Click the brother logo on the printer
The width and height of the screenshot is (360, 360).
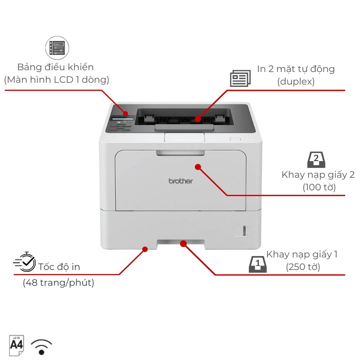[x=181, y=181]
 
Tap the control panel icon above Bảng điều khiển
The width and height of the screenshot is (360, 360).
[x=57, y=48]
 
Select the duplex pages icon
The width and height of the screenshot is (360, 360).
[x=240, y=78]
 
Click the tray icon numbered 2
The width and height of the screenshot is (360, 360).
[x=316, y=160]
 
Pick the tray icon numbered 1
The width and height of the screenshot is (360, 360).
[x=257, y=264]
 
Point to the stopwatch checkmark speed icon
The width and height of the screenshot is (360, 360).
[x=25, y=262]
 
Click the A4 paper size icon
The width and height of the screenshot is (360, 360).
[x=17, y=346]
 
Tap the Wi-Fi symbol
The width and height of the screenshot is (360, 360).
[x=41, y=347]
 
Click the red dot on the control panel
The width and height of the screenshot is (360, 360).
[x=126, y=113]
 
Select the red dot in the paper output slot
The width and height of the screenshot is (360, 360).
[x=198, y=119]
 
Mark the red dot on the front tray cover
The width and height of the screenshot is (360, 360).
[x=198, y=167]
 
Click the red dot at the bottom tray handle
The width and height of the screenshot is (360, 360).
[x=183, y=243]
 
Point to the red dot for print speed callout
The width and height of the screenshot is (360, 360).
[x=145, y=249]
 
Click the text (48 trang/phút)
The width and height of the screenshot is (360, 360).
[x=58, y=283]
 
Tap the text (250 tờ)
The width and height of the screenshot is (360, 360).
[x=303, y=267]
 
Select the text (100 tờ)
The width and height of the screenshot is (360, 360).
[x=319, y=187]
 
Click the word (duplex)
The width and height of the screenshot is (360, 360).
[x=296, y=81]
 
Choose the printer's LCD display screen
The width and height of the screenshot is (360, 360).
[x=122, y=118]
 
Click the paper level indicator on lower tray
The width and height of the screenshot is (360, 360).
[x=244, y=231]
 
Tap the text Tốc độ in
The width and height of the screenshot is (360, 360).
[x=59, y=267]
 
